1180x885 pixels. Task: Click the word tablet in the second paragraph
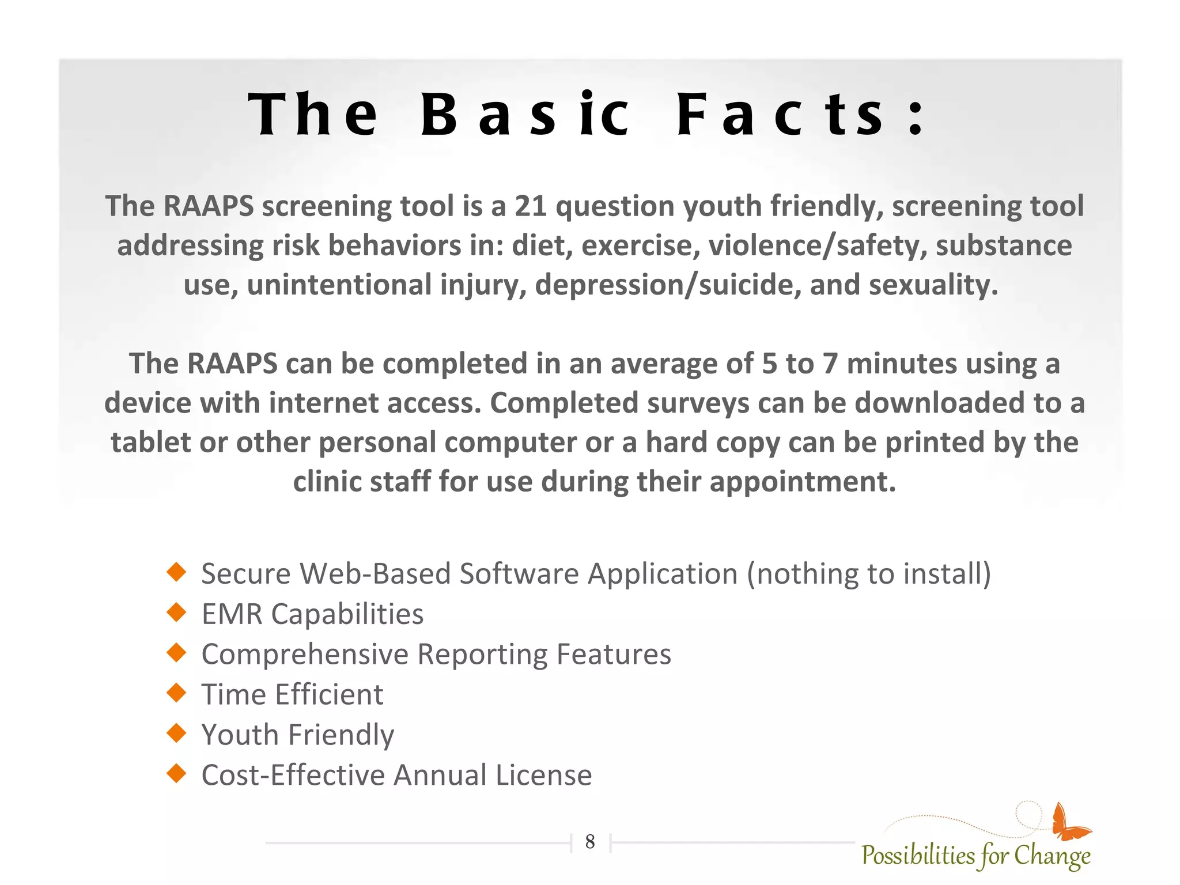click(150, 442)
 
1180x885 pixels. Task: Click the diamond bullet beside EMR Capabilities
click(176, 612)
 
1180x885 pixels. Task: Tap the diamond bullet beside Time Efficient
click(176, 693)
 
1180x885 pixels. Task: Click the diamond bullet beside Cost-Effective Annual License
click(176, 773)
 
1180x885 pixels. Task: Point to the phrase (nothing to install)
click(869, 574)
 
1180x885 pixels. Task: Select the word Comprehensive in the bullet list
click(305, 655)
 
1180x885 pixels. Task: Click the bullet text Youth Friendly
click(297, 735)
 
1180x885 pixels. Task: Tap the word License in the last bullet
click(543, 775)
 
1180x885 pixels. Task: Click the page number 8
click(590, 842)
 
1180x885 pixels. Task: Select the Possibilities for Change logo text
click(975, 856)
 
